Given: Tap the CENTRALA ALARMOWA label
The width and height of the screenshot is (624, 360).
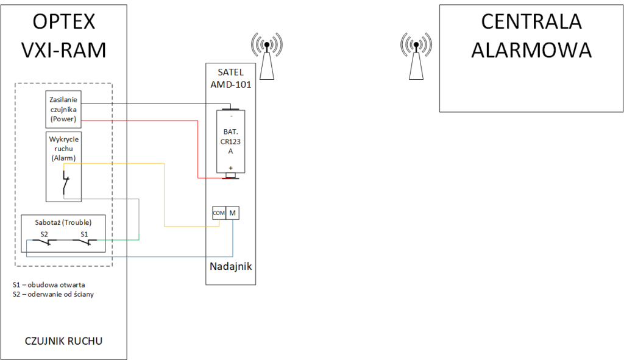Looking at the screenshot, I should pos(531,35).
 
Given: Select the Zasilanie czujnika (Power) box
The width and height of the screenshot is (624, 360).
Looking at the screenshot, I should pos(64,108).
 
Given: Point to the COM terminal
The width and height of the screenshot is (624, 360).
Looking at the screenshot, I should pos(218,213).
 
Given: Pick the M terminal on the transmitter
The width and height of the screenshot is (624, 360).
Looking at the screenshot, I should pos(232,213).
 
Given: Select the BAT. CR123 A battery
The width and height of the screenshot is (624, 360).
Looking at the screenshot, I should pos(230,142).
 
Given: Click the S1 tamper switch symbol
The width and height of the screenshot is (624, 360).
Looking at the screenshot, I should pos(84,242).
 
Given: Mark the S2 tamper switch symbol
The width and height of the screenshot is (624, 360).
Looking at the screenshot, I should pos(44,242).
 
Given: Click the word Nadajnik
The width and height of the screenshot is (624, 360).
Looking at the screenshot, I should pos(230,266).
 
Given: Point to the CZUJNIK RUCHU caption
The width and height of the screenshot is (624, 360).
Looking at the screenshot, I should pos(64,341).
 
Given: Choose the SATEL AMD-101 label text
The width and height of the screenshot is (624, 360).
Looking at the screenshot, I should pos(230,79).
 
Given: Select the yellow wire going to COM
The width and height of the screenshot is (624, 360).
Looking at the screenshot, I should pos(165,195).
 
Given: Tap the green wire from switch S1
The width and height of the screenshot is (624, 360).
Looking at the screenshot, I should pos(122,240).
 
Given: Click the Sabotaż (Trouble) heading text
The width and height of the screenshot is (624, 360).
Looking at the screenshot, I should pos(64,222).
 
